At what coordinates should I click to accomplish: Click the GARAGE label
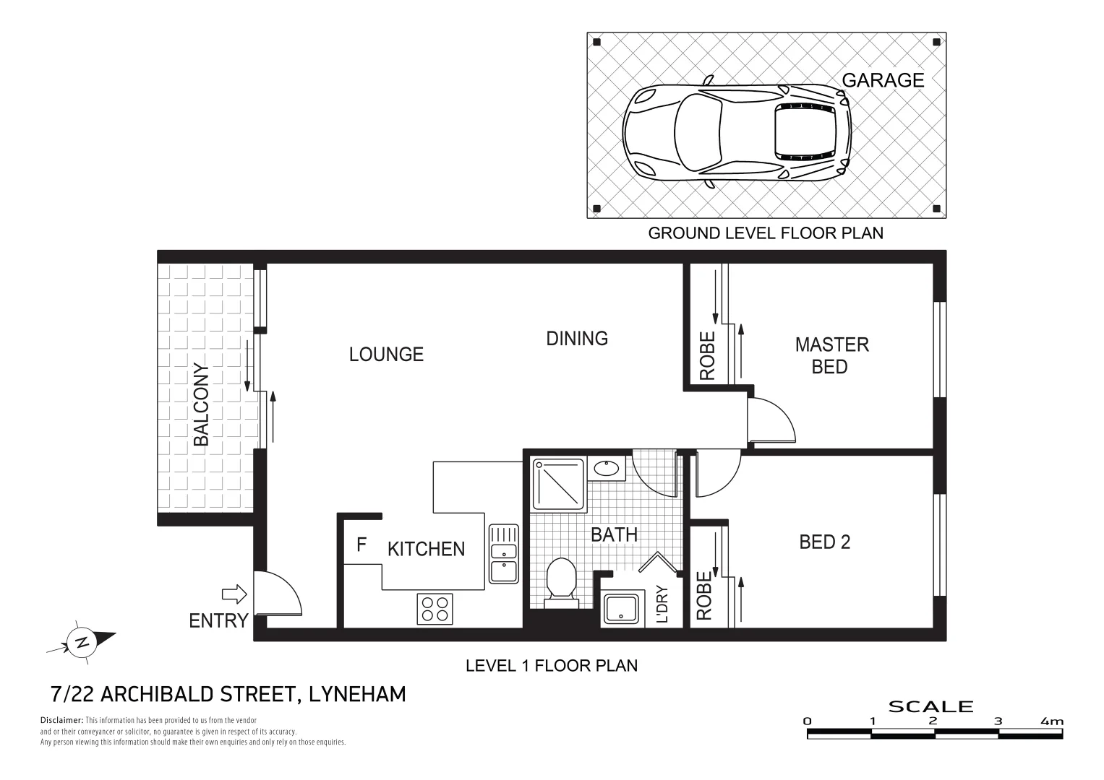pos(883,80)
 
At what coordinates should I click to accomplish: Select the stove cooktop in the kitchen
pos(435,608)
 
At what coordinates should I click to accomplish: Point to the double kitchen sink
pos(503,553)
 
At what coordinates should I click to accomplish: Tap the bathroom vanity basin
pos(606,469)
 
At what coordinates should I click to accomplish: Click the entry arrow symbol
pos(234,594)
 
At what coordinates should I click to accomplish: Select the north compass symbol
pos(82,641)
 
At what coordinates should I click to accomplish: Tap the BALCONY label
pos(201,404)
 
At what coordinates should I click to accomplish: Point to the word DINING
pos(576,338)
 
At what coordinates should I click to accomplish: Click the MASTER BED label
pos(831,355)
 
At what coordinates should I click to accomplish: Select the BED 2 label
pos(824,542)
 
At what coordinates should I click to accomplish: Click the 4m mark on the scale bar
pos(1052,721)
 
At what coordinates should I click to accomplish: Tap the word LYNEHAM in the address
pos(357,694)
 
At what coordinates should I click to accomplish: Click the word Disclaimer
pos(62,720)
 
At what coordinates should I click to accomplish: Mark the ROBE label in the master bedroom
pos(707,355)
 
